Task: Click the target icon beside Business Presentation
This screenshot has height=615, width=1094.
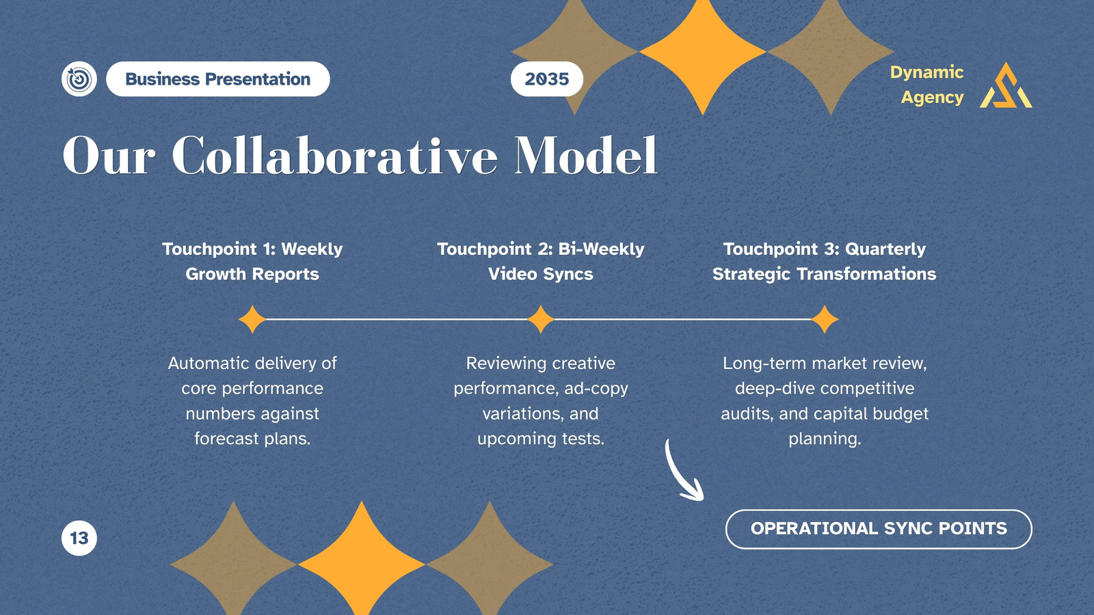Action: tap(79, 79)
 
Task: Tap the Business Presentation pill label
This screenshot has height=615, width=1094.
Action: tap(218, 79)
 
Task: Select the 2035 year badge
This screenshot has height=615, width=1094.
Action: tap(547, 79)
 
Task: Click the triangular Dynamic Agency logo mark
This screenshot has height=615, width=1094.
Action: tap(1006, 85)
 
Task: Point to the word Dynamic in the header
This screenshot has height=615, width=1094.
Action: tap(926, 73)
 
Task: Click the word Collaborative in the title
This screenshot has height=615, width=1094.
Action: tap(335, 156)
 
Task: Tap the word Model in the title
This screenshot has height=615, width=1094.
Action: tap(586, 156)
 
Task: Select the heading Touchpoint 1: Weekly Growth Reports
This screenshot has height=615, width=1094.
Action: tap(252, 262)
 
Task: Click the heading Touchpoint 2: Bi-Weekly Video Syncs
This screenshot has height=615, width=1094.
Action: tap(541, 262)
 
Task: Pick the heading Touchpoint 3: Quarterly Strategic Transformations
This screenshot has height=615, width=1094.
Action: tap(825, 262)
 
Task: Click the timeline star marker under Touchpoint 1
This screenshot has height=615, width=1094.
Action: tap(252, 320)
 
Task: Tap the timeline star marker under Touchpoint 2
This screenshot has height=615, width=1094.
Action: tap(541, 320)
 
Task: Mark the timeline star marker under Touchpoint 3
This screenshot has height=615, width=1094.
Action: tap(825, 320)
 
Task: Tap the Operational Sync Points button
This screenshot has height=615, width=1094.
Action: tap(879, 529)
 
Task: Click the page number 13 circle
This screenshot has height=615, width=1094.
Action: tap(79, 538)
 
